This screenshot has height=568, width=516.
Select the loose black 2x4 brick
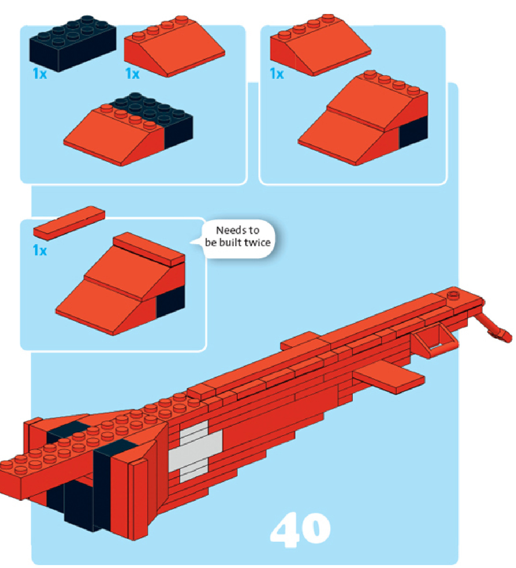(73, 43)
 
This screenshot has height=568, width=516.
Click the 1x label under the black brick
(39, 73)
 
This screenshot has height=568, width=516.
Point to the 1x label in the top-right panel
(276, 73)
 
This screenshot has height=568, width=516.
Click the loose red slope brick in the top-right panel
(320, 45)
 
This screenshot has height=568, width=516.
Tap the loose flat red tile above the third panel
(69, 223)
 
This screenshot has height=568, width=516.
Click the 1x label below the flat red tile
(39, 250)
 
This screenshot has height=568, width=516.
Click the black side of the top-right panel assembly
(413, 132)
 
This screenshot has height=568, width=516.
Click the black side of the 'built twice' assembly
(170, 302)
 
